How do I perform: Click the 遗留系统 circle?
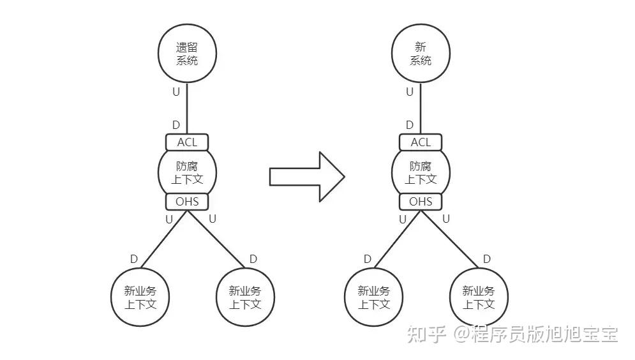(x=187, y=54)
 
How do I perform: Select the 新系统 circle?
(x=421, y=54)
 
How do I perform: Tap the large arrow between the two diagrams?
(x=306, y=177)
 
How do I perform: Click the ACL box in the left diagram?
(x=187, y=142)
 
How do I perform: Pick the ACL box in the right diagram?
(x=421, y=142)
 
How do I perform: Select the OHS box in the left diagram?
(x=187, y=202)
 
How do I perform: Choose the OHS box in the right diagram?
(x=421, y=202)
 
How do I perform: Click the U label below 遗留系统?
(x=176, y=92)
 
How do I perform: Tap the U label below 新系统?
(x=410, y=92)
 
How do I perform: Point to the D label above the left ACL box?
(x=176, y=125)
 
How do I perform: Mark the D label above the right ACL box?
(x=410, y=125)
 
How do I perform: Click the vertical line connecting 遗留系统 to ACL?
(x=187, y=109)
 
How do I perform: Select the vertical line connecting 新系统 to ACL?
(x=421, y=109)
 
